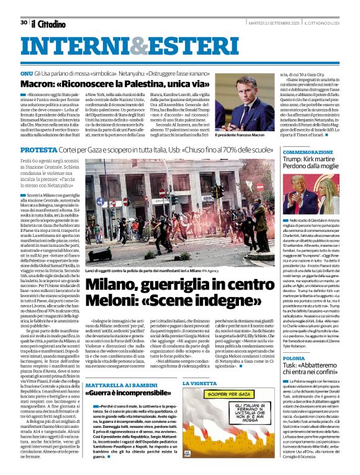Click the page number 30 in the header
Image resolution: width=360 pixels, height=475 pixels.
coord(24,22)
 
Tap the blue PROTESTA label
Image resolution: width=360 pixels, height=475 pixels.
coord(40,150)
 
